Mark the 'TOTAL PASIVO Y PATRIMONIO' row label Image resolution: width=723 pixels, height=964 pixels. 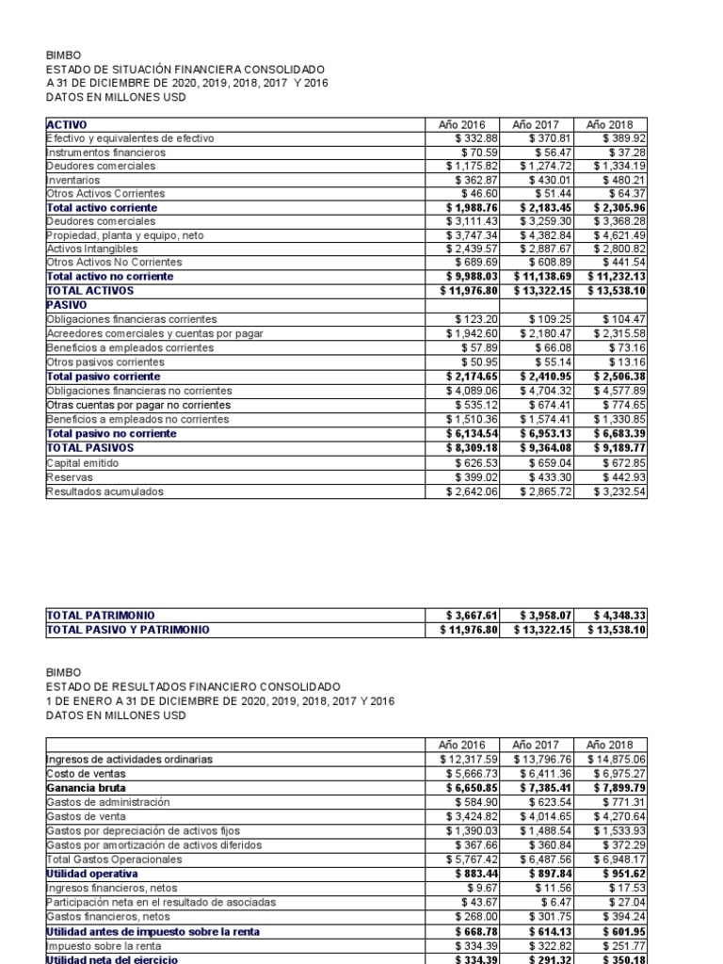click(x=128, y=629)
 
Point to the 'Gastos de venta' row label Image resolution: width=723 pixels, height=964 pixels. click(x=88, y=816)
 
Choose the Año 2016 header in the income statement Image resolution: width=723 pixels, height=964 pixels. click(x=460, y=744)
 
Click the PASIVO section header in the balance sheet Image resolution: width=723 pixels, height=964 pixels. click(x=66, y=305)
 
